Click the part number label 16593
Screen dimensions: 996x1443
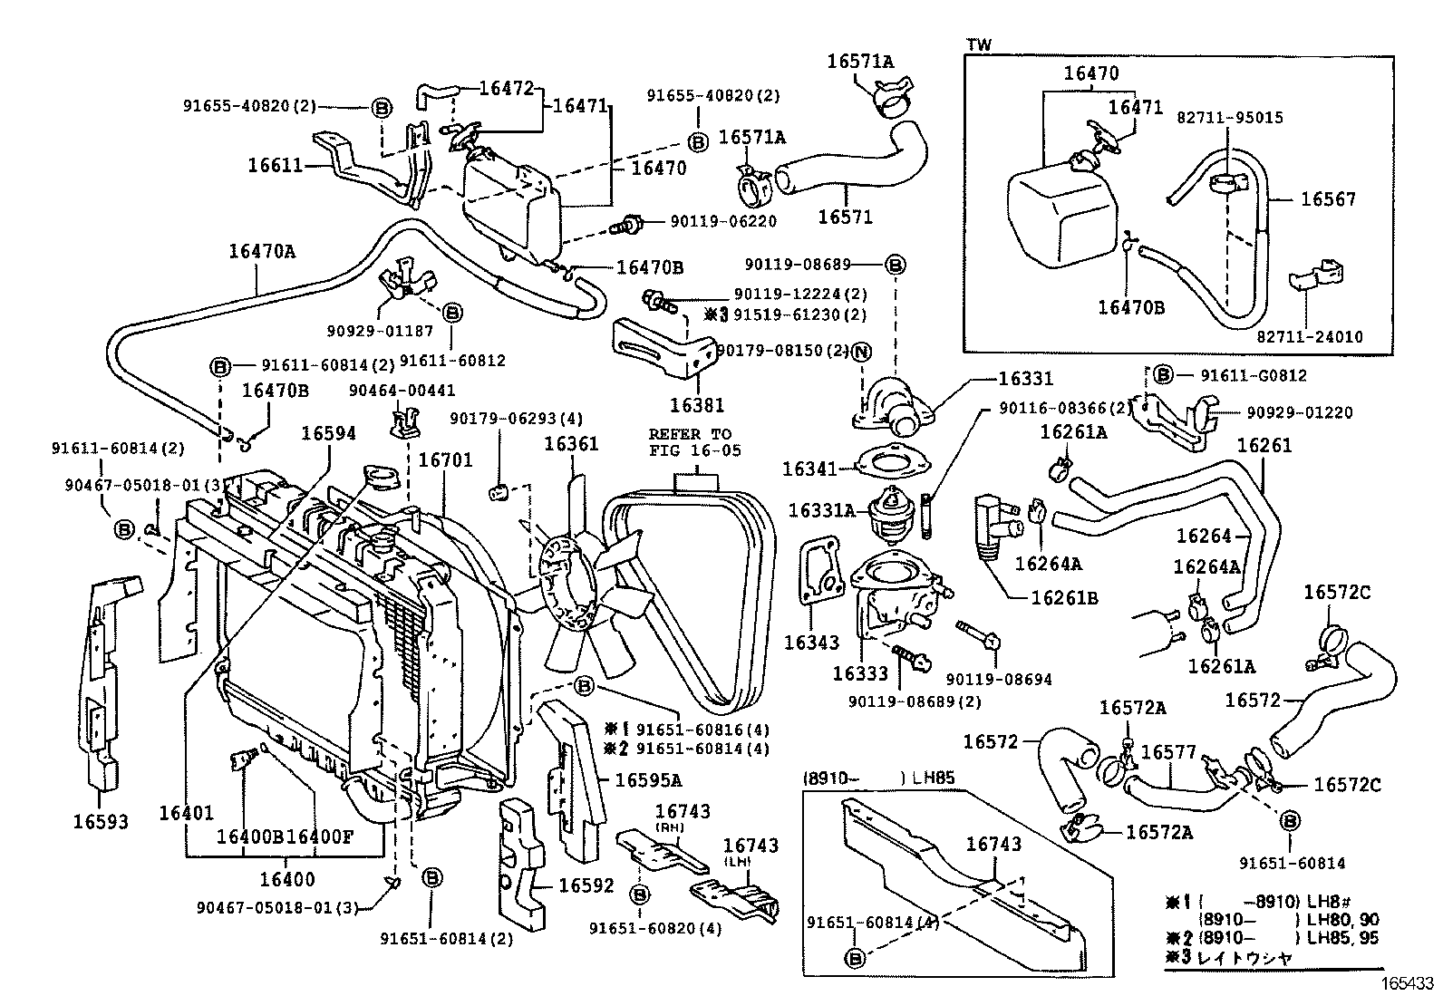101,822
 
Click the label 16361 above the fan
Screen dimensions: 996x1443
571,443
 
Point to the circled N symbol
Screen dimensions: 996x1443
860,352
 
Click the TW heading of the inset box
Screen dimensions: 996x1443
979,44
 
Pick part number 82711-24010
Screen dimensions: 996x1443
1309,337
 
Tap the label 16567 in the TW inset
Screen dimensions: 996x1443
1328,199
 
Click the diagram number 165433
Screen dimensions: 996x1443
1408,981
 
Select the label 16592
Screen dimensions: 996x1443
586,885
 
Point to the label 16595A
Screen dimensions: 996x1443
648,779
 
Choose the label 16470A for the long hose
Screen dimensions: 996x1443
262,251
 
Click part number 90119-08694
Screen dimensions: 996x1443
998,679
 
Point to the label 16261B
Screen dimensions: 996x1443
1064,598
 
